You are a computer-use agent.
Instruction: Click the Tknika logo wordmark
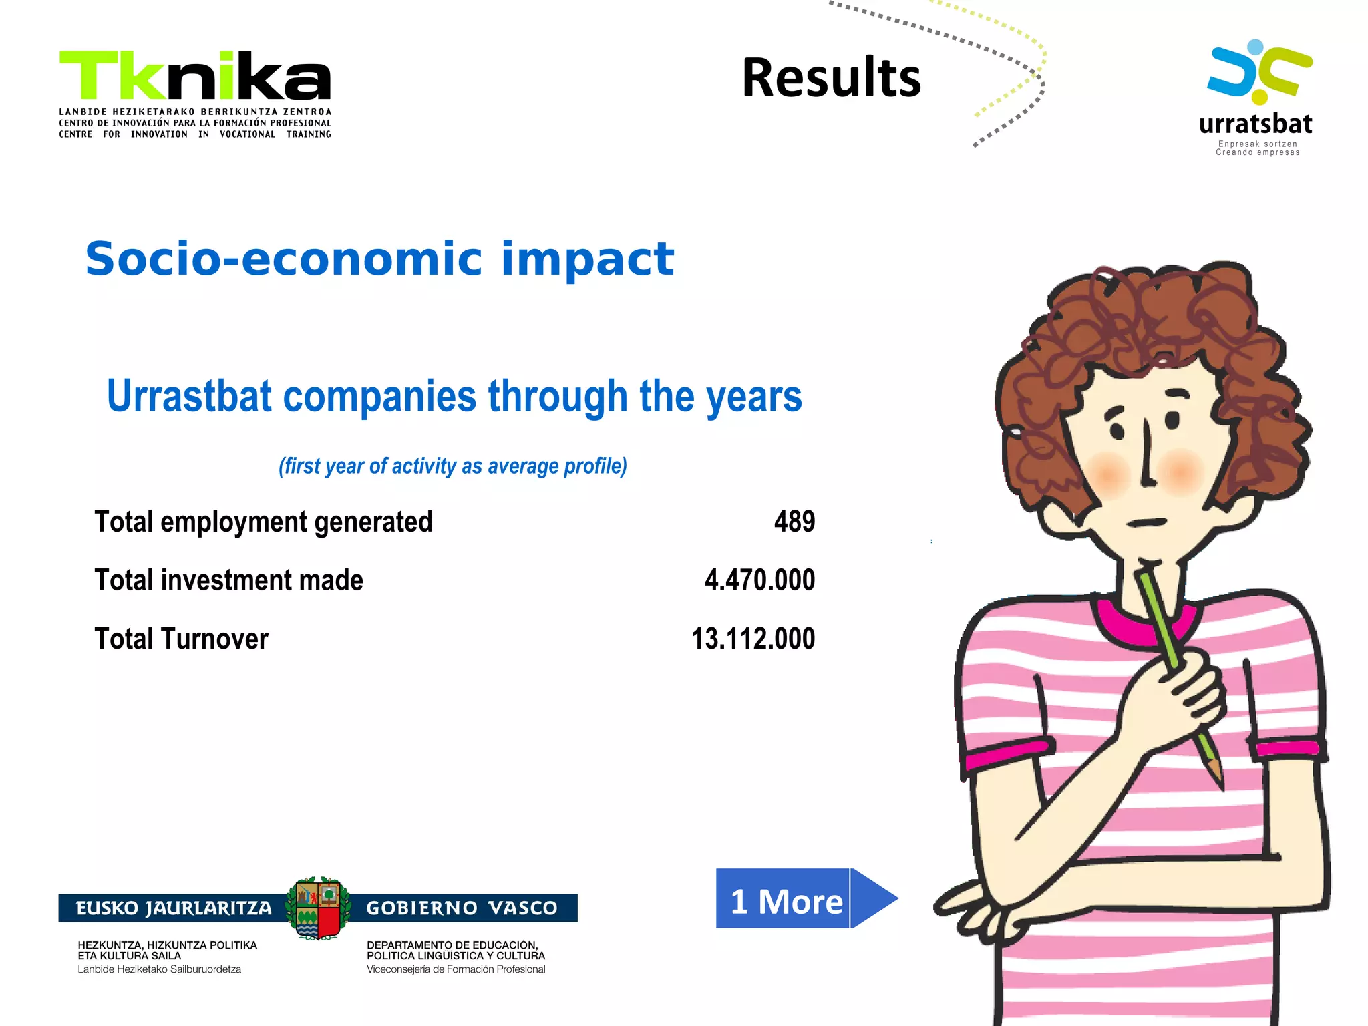195,75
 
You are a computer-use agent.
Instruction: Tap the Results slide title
831,78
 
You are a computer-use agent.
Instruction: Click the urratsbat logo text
1255,124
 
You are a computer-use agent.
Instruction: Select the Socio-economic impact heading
379,259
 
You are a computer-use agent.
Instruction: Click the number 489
794,522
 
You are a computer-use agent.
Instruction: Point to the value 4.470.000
759,580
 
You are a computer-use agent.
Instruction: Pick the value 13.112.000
753,639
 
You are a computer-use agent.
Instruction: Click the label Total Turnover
181,639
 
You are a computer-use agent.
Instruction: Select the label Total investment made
228,580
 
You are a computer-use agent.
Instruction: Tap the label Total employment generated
263,522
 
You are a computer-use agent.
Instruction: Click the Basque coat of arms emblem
318,908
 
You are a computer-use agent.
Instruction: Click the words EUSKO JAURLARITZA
174,908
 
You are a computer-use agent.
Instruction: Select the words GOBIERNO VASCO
462,908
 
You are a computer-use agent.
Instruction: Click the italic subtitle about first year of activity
452,466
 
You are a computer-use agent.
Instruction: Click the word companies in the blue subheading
379,396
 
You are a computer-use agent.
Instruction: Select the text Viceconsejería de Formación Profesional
456,969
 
